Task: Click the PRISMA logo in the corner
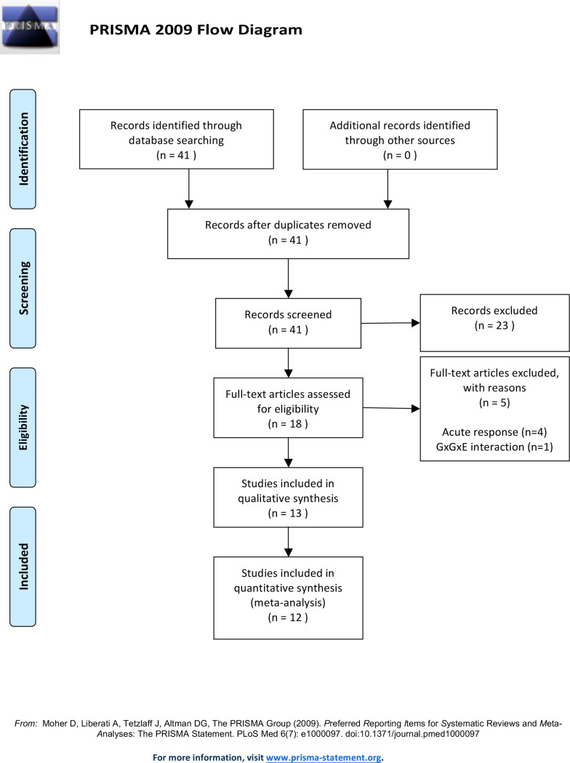tap(29, 27)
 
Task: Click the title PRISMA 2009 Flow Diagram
tap(196, 30)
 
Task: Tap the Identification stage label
tap(23, 149)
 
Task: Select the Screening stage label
tap(23, 288)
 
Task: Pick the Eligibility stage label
tap(23, 427)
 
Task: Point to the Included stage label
tap(23, 567)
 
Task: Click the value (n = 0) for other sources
tap(400, 155)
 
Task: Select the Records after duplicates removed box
tap(288, 233)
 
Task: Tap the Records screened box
tap(288, 323)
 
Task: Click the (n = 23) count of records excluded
tap(494, 326)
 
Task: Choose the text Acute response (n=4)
tap(494, 432)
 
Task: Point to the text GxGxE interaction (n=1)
tap(494, 447)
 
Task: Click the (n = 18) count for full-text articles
tap(288, 424)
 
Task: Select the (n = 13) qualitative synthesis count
tap(288, 514)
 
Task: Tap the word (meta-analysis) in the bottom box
tap(288, 602)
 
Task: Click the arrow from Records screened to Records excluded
tap(390, 323)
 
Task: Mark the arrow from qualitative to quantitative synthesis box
tap(289, 542)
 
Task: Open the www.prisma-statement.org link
tap(324, 757)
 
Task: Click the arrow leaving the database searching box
tap(189, 189)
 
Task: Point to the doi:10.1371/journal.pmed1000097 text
tap(412, 734)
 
